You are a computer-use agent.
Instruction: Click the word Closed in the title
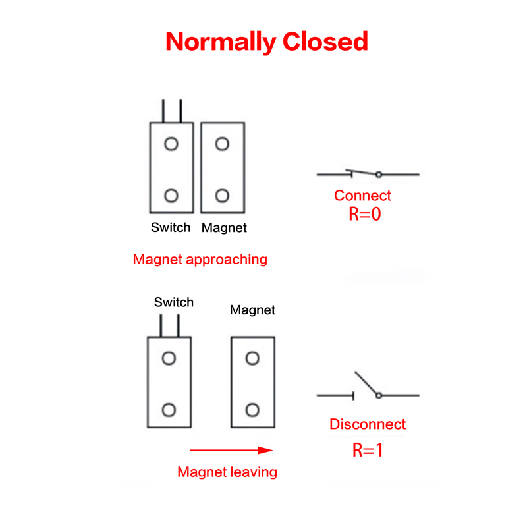(325, 41)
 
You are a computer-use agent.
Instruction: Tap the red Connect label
(362, 196)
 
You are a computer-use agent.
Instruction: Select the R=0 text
(365, 214)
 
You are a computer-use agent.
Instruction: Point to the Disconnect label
(368, 424)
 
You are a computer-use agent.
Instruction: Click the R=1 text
(368, 451)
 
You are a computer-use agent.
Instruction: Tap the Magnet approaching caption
(200, 259)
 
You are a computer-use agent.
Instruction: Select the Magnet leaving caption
(227, 472)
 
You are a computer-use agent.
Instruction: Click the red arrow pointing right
(231, 451)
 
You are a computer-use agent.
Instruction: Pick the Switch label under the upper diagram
(171, 228)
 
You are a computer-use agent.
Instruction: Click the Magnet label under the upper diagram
(224, 228)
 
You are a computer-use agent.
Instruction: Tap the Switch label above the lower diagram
(174, 302)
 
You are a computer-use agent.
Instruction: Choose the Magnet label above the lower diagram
(252, 310)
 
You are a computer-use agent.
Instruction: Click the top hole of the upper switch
(171, 144)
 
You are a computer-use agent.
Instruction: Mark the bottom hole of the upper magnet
(223, 195)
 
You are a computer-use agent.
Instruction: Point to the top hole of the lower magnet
(252, 358)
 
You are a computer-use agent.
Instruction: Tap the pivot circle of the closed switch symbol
(379, 175)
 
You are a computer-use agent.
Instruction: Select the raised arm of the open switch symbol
(366, 383)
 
